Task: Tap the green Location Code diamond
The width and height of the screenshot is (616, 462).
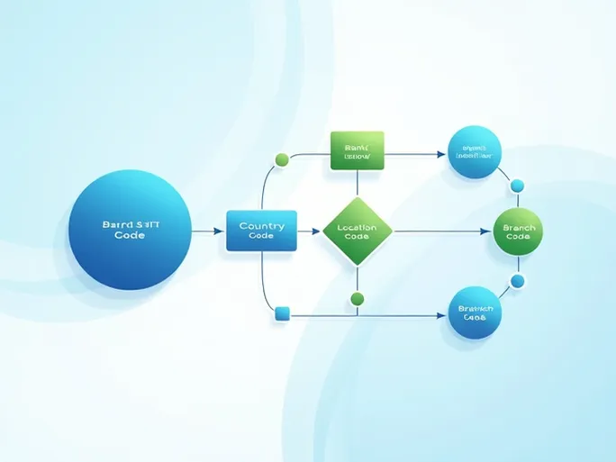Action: (358, 231)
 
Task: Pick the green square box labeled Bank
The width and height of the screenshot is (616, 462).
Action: (358, 150)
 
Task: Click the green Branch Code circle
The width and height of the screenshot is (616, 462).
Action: (518, 231)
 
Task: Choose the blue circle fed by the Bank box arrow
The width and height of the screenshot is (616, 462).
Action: (474, 151)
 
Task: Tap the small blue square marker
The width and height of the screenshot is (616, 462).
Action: (282, 313)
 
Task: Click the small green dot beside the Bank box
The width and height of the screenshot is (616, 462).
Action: (282, 159)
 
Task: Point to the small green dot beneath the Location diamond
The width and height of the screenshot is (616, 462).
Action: (358, 298)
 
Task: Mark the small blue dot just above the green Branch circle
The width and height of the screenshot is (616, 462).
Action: (517, 186)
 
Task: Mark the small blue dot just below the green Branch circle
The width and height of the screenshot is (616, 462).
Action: (517, 281)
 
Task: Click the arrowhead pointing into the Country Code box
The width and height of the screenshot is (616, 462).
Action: (221, 231)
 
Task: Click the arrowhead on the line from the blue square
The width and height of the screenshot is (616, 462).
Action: (440, 315)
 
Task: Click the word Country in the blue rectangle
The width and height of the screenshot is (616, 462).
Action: (261, 225)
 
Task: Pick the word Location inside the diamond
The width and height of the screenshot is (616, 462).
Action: (357, 227)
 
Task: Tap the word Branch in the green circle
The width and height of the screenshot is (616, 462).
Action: (518, 227)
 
